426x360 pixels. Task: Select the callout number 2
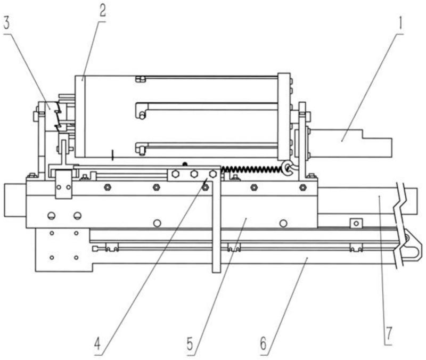tap(102, 11)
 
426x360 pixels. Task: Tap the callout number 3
tap(6, 23)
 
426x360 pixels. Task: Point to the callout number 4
tap(97, 343)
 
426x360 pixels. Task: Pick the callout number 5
tap(190, 343)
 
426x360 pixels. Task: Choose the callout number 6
tap(264, 343)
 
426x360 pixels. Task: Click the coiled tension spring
tap(251, 169)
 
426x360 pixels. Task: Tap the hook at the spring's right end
tap(288, 167)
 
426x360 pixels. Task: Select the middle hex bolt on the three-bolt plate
tap(194, 174)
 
